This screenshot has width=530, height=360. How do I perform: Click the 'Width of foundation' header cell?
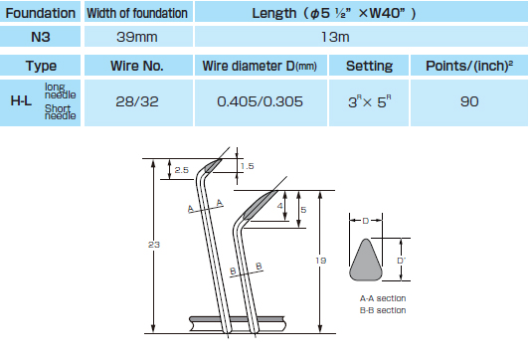(x=137, y=13)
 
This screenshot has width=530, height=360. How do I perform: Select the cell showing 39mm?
(x=137, y=37)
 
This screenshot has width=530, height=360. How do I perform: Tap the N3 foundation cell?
(x=40, y=37)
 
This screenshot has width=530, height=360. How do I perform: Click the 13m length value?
(x=335, y=37)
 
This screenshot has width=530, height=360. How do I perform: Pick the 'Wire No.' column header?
(x=137, y=66)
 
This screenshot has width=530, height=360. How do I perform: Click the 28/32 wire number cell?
(x=137, y=101)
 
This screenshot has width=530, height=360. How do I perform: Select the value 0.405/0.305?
(x=260, y=101)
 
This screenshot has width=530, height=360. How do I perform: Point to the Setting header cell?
(x=369, y=66)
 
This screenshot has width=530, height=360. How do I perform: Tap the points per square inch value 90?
(x=469, y=101)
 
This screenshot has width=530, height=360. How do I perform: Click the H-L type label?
(x=21, y=100)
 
